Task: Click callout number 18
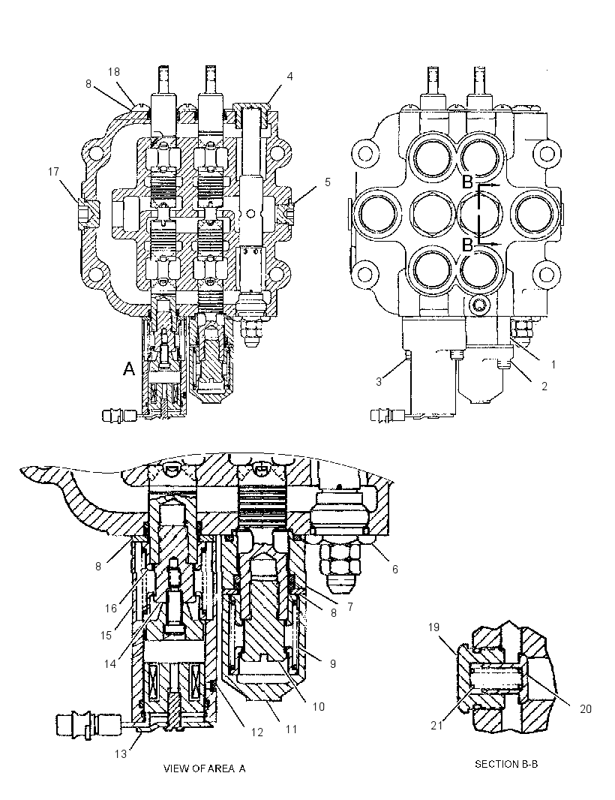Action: [114, 72]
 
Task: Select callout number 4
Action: [289, 77]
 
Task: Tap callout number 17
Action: [53, 172]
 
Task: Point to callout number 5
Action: [328, 182]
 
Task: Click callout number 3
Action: [379, 382]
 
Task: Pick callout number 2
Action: [544, 386]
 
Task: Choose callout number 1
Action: [553, 364]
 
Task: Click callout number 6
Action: [394, 569]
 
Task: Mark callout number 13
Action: [120, 753]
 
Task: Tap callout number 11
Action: [291, 729]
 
